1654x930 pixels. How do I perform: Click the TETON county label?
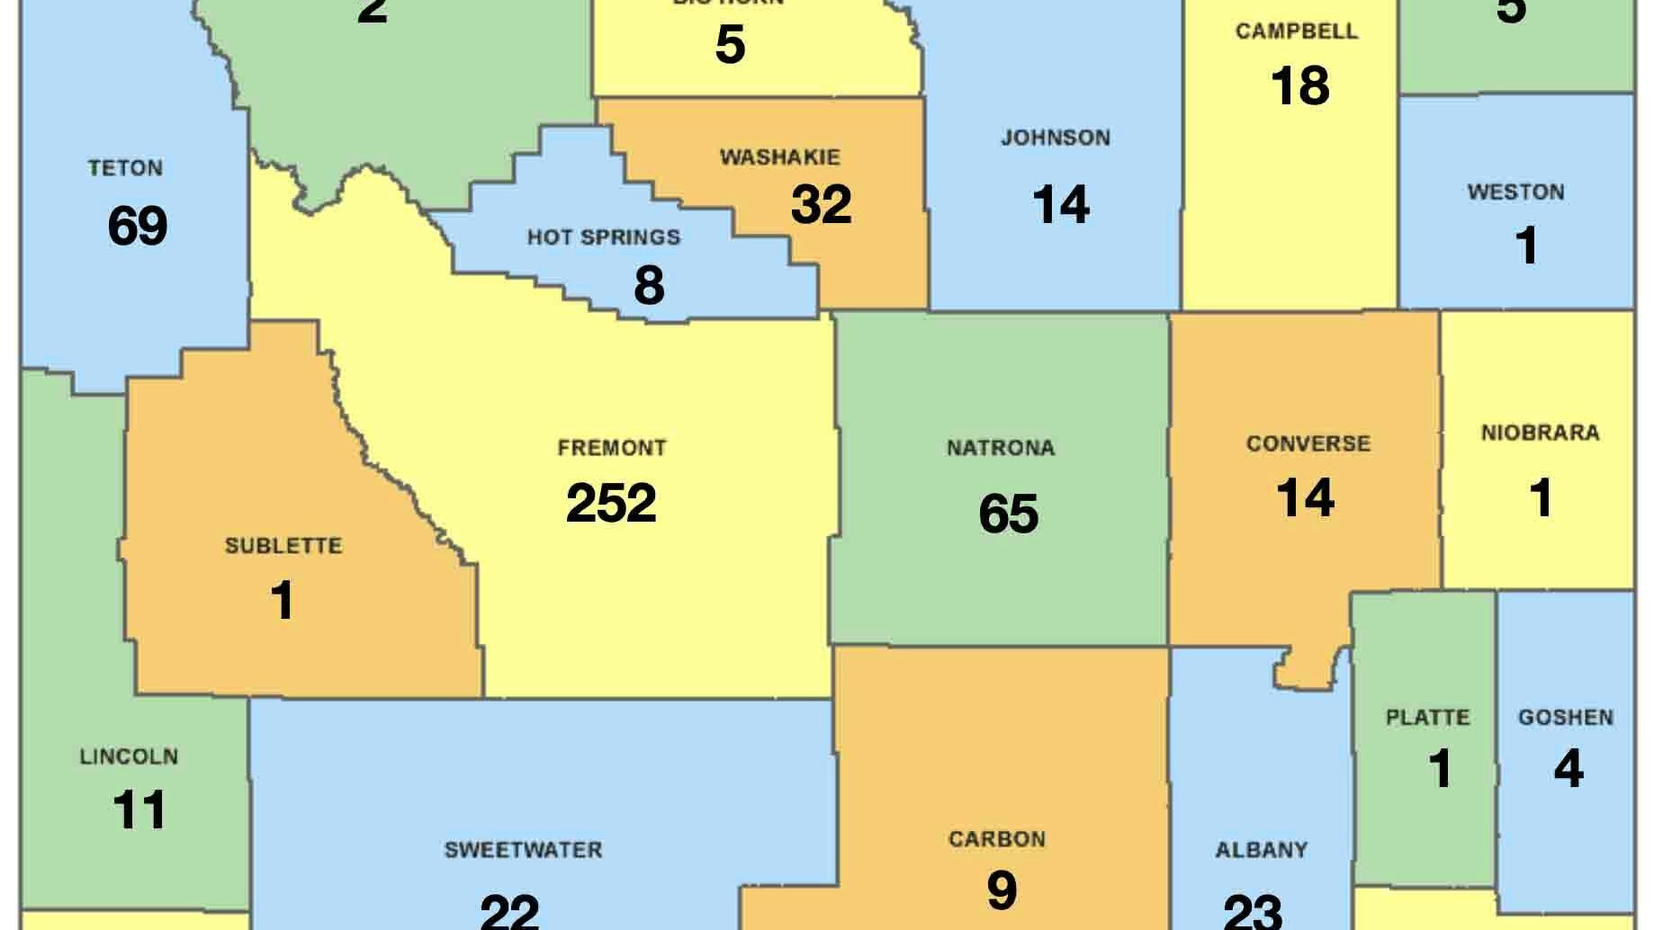(125, 168)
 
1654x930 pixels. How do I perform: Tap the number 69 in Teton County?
(137, 225)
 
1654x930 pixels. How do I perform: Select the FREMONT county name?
(612, 448)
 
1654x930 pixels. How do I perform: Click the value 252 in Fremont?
(611, 503)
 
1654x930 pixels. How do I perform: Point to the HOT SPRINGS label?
(604, 237)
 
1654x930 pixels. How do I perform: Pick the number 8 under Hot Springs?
(649, 285)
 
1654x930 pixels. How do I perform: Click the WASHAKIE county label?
(780, 157)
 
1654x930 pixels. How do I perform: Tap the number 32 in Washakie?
(821, 205)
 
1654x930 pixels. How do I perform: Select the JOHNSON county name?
(1056, 139)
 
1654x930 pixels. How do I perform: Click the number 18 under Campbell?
(1299, 86)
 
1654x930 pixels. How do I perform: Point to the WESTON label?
(1515, 192)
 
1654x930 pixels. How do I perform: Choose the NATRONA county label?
(1001, 448)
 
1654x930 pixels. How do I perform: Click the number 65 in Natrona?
(1008, 514)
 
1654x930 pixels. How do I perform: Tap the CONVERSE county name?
(1308, 443)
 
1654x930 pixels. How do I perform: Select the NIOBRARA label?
(1540, 434)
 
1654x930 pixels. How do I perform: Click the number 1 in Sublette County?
(282, 600)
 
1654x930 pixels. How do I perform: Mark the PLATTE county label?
(1427, 718)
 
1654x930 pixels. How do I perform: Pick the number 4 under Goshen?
(1568, 769)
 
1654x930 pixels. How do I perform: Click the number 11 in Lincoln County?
(139, 810)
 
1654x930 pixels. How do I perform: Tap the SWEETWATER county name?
(523, 850)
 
